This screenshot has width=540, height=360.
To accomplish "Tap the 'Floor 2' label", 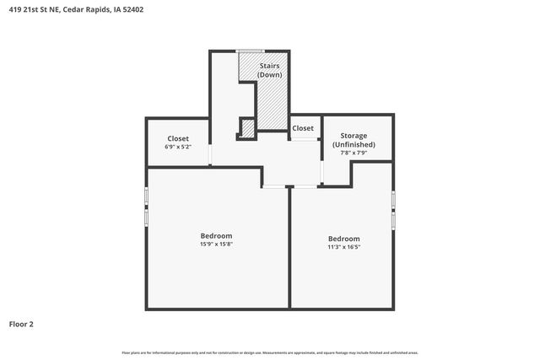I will [21, 324].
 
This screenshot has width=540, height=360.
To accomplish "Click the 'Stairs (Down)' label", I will [270, 69].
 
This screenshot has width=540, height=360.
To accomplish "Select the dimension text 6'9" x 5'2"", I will [177, 147].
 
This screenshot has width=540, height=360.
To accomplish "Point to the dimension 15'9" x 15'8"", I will [216, 244].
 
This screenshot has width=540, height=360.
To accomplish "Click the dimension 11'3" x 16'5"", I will [343, 247].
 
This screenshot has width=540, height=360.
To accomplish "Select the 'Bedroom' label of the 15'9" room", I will [216, 235].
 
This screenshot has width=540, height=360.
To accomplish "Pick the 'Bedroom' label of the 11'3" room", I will [343, 239].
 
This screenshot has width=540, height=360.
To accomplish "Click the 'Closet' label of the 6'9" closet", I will [177, 138].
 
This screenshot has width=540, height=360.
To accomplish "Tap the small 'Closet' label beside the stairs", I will [303, 128].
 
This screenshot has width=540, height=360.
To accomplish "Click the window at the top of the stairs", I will [249, 51].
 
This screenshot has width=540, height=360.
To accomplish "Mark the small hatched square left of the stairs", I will [248, 128].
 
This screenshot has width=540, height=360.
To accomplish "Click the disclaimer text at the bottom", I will [270, 352].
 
